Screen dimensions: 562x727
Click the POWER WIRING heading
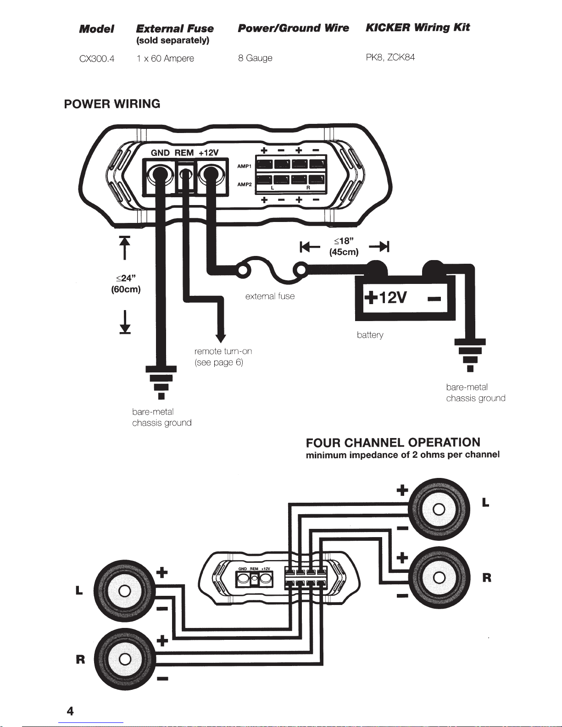point(112,104)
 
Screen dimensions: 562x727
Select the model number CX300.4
point(97,59)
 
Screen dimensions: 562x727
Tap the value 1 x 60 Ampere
point(165,59)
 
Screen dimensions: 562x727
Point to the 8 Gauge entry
point(255,58)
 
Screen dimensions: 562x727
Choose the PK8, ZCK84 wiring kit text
point(390,57)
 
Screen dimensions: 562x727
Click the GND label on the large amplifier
point(160,153)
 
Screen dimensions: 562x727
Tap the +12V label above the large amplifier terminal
point(208,153)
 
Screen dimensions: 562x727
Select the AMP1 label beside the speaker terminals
point(244,166)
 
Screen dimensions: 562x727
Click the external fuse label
point(270,296)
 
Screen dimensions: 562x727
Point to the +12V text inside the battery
point(385,297)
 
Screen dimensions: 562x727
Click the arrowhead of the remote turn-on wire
point(221,338)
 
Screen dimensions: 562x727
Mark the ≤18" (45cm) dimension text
point(344,247)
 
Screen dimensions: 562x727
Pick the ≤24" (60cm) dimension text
point(126,284)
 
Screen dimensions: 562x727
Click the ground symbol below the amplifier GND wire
point(161,383)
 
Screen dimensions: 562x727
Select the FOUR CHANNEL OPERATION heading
point(393,443)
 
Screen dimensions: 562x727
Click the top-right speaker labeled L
point(439,510)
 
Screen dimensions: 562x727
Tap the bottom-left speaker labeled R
point(125,660)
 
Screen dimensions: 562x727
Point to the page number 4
point(70,710)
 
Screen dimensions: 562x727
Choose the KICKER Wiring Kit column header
point(418,28)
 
